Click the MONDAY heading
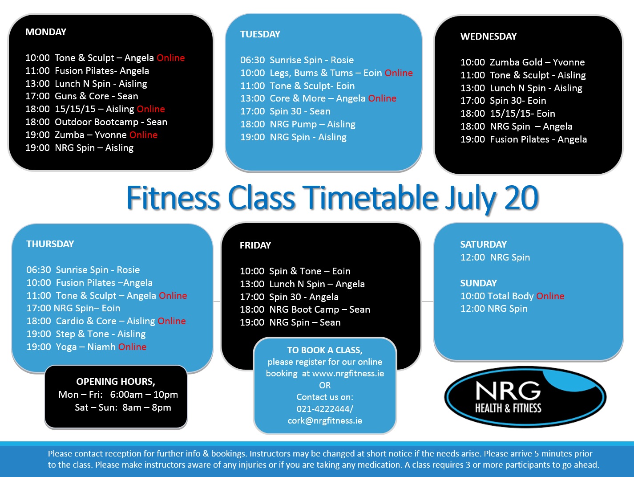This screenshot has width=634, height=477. pos(46,32)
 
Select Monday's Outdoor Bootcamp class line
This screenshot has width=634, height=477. pos(96,122)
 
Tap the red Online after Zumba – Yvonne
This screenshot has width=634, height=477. pos(144,135)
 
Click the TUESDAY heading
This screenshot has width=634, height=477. pos(260,34)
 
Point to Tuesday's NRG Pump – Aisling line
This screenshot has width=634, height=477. pos(298,124)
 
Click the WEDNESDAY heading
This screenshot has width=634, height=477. pos(489,37)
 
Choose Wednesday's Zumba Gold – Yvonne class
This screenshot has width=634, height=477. pos(522,62)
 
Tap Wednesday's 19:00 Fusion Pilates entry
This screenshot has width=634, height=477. pos(523,139)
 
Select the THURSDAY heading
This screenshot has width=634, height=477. pos(50,244)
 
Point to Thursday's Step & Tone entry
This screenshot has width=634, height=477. pos(86,334)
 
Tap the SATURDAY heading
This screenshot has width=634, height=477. pos(483,245)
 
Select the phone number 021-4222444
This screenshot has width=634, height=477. pos(324,409)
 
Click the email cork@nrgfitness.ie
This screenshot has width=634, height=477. pos(325,420)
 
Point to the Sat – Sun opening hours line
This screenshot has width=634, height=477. pos(123,408)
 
